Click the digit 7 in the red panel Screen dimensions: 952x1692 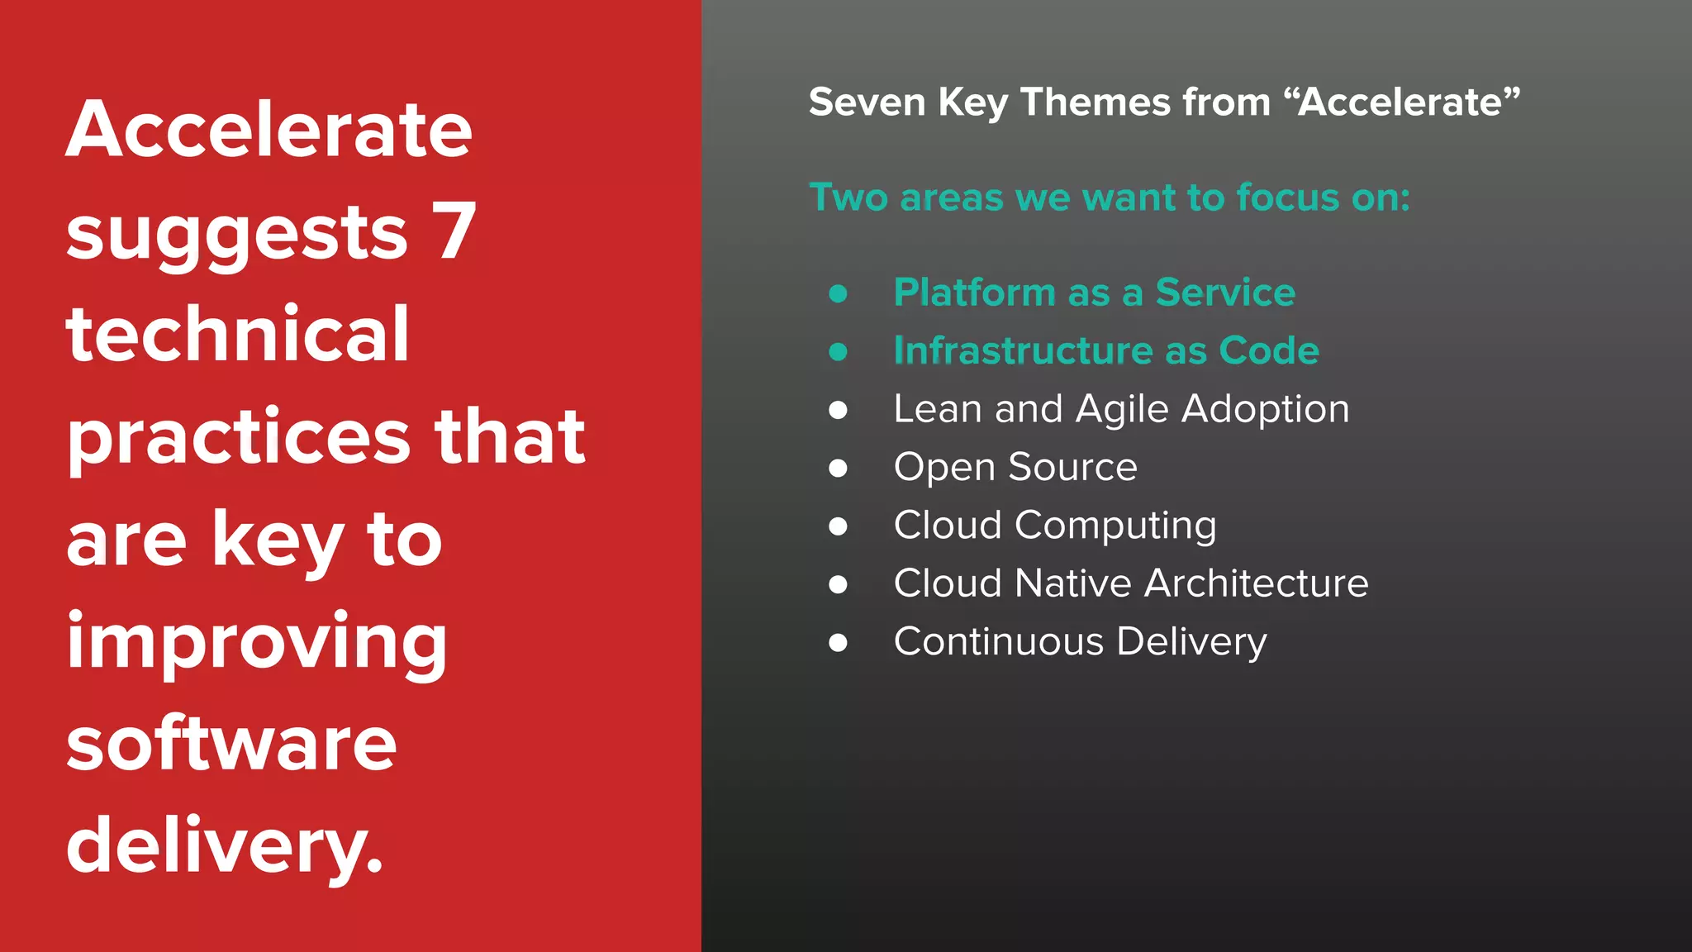tap(454, 231)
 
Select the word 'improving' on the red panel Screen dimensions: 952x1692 tap(257, 642)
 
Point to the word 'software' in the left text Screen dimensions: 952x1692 tap(232, 743)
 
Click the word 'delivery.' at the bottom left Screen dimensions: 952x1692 tap(225, 845)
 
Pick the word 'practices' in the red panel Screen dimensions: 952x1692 tap(239, 438)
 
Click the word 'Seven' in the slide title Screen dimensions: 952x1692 tap(867, 102)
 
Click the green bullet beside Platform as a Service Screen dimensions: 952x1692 tap(838, 293)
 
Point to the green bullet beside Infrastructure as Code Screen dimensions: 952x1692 tap(838, 352)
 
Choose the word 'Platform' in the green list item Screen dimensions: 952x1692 tap(974, 293)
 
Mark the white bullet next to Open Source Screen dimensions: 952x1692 tap(838, 469)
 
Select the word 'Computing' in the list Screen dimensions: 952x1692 tap(1115, 526)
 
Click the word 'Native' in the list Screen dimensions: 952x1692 tap(1072, 583)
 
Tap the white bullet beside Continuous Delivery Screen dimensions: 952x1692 tap(838, 643)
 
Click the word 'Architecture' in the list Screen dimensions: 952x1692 tap(1256, 583)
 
